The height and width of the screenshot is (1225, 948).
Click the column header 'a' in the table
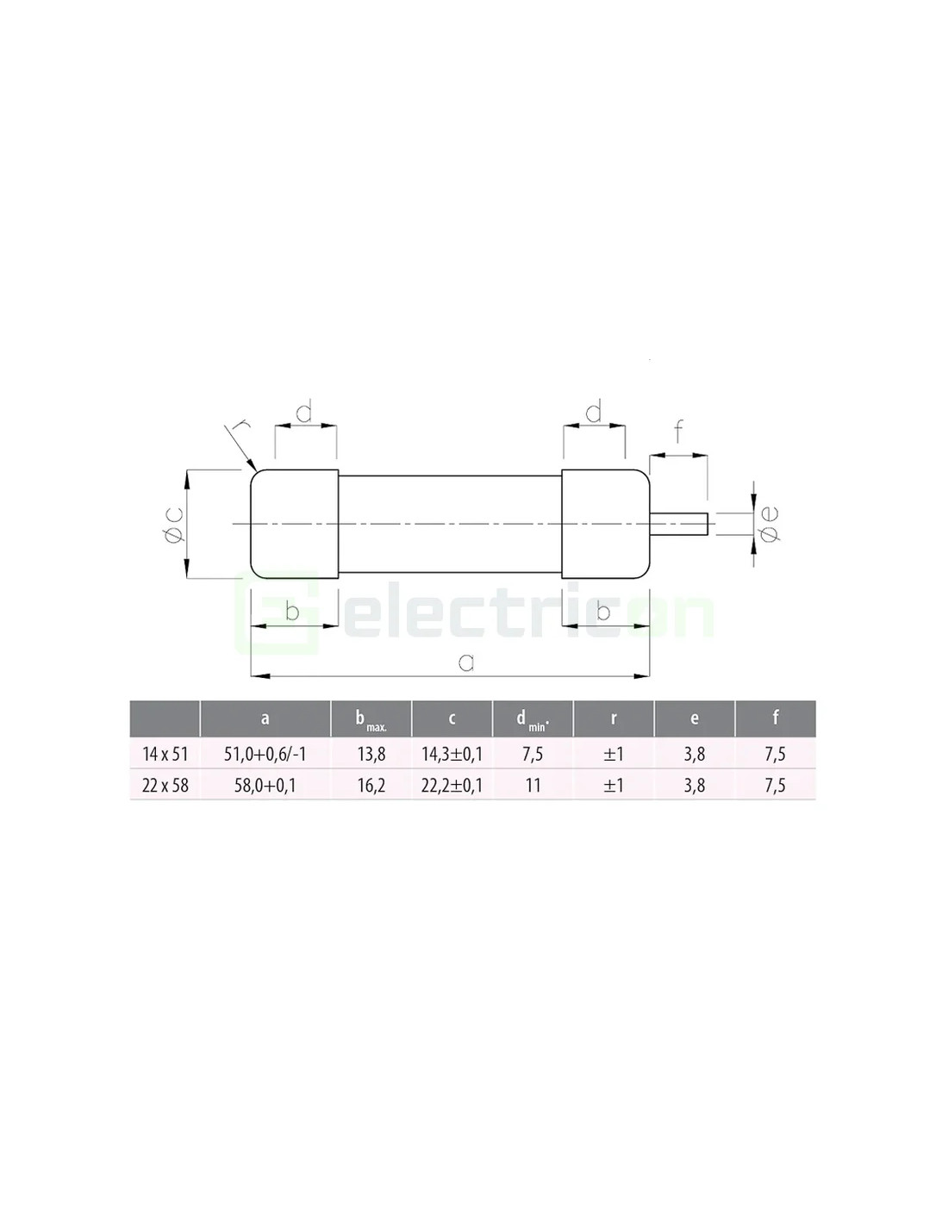coord(265,718)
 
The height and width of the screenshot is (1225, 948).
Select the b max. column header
coord(371,720)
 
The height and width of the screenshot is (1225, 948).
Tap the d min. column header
coord(533,720)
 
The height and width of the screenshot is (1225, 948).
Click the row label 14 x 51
coord(165,754)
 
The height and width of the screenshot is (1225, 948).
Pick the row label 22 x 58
coord(165,786)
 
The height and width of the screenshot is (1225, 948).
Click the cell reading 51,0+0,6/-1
coord(265,754)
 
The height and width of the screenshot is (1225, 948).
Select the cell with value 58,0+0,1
coord(265,786)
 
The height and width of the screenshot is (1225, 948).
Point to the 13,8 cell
coord(371,754)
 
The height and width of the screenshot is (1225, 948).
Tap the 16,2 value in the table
coord(371,786)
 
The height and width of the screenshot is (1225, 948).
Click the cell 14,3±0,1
coord(452,754)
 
